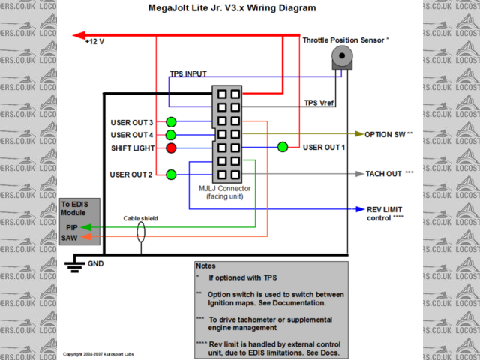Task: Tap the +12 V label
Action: tap(94, 42)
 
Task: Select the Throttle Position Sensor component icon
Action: tap(343, 57)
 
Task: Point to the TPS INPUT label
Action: tap(188, 73)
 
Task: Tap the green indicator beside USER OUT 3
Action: tap(172, 122)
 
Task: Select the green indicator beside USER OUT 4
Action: tap(172, 135)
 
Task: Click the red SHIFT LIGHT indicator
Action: tap(172, 148)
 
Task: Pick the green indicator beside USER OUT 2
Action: tap(172, 175)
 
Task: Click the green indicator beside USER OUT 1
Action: tap(283, 148)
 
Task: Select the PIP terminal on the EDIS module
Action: tap(70, 226)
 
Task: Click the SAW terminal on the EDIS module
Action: tap(70, 238)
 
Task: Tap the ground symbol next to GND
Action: tap(73, 262)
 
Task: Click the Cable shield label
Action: tap(141, 219)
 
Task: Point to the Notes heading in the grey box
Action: tap(205, 265)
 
